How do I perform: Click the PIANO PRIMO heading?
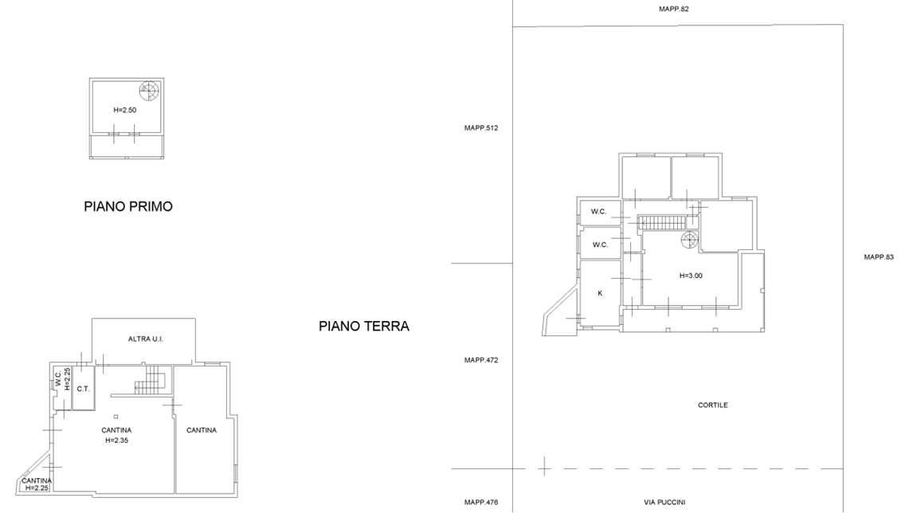pyautogui.click(x=128, y=206)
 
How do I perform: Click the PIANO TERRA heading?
pyautogui.click(x=364, y=327)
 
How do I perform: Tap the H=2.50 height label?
pyautogui.click(x=124, y=110)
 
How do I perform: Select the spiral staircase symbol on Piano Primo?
pyautogui.click(x=148, y=91)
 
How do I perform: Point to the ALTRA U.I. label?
pyautogui.click(x=146, y=339)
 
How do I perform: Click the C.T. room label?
pyautogui.click(x=83, y=389)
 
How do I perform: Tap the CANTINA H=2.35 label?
pyautogui.click(x=116, y=435)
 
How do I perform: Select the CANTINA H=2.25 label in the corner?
pyautogui.click(x=37, y=484)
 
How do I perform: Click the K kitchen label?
pyautogui.click(x=600, y=293)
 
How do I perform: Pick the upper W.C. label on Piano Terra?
pyautogui.click(x=598, y=212)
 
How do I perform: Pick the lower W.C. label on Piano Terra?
pyautogui.click(x=600, y=245)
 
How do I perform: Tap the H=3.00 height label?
pyautogui.click(x=691, y=276)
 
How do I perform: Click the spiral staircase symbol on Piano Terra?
pyautogui.click(x=689, y=240)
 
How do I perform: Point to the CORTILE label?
pyautogui.click(x=713, y=405)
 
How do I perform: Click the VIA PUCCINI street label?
pyautogui.click(x=664, y=503)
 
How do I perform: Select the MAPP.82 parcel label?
pyautogui.click(x=674, y=9)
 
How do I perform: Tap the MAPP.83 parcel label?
pyautogui.click(x=879, y=256)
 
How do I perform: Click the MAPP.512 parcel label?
pyautogui.click(x=481, y=127)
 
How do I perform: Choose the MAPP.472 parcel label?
pyautogui.click(x=481, y=360)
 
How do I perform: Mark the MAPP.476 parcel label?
pyautogui.click(x=481, y=503)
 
